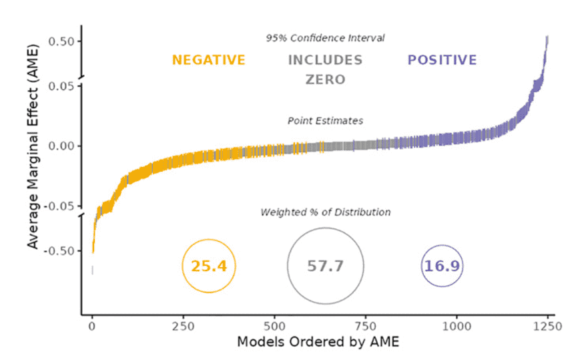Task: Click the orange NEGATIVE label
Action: coord(209,60)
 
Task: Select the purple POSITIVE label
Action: coord(442,60)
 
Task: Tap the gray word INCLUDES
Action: coord(325,60)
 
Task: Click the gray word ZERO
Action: coord(325,79)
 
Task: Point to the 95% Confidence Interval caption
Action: coord(325,38)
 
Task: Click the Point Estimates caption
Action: coord(325,121)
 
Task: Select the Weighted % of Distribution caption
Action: coord(325,212)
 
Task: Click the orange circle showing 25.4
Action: coord(209,266)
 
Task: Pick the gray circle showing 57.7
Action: coord(325,266)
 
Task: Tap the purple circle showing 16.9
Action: coord(442,266)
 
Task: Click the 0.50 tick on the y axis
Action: coord(58,41)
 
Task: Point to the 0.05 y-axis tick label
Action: coord(58,86)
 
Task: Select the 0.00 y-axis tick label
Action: coord(58,146)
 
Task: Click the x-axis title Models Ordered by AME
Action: coord(319,341)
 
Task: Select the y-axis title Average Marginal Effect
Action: coord(33,144)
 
